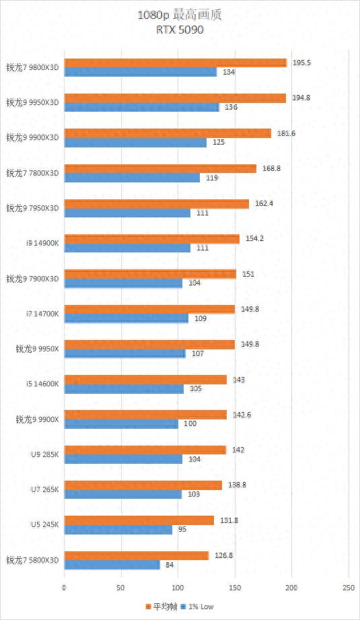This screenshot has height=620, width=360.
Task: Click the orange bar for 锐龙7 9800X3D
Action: [x=175, y=63]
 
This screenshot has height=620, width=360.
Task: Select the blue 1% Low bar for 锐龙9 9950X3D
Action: [x=141, y=107]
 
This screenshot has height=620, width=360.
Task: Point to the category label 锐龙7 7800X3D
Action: [x=32, y=173]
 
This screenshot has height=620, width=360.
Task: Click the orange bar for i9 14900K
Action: [x=151, y=239]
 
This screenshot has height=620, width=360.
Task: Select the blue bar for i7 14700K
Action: [x=126, y=318]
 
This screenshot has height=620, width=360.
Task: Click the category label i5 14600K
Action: [x=42, y=384]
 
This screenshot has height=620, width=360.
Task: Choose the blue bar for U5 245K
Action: [x=118, y=529]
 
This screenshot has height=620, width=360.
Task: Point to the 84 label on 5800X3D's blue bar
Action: [x=170, y=564]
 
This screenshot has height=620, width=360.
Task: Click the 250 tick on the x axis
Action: [x=348, y=588]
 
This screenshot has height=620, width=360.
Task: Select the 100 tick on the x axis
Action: [x=178, y=588]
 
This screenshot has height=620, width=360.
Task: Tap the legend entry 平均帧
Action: [x=160, y=607]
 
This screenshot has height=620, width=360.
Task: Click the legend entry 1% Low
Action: [x=199, y=607]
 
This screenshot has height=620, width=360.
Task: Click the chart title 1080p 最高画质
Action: [x=179, y=15]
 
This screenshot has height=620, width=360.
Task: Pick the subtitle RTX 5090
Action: [x=179, y=29]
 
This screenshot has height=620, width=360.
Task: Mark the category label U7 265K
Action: [x=44, y=489]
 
